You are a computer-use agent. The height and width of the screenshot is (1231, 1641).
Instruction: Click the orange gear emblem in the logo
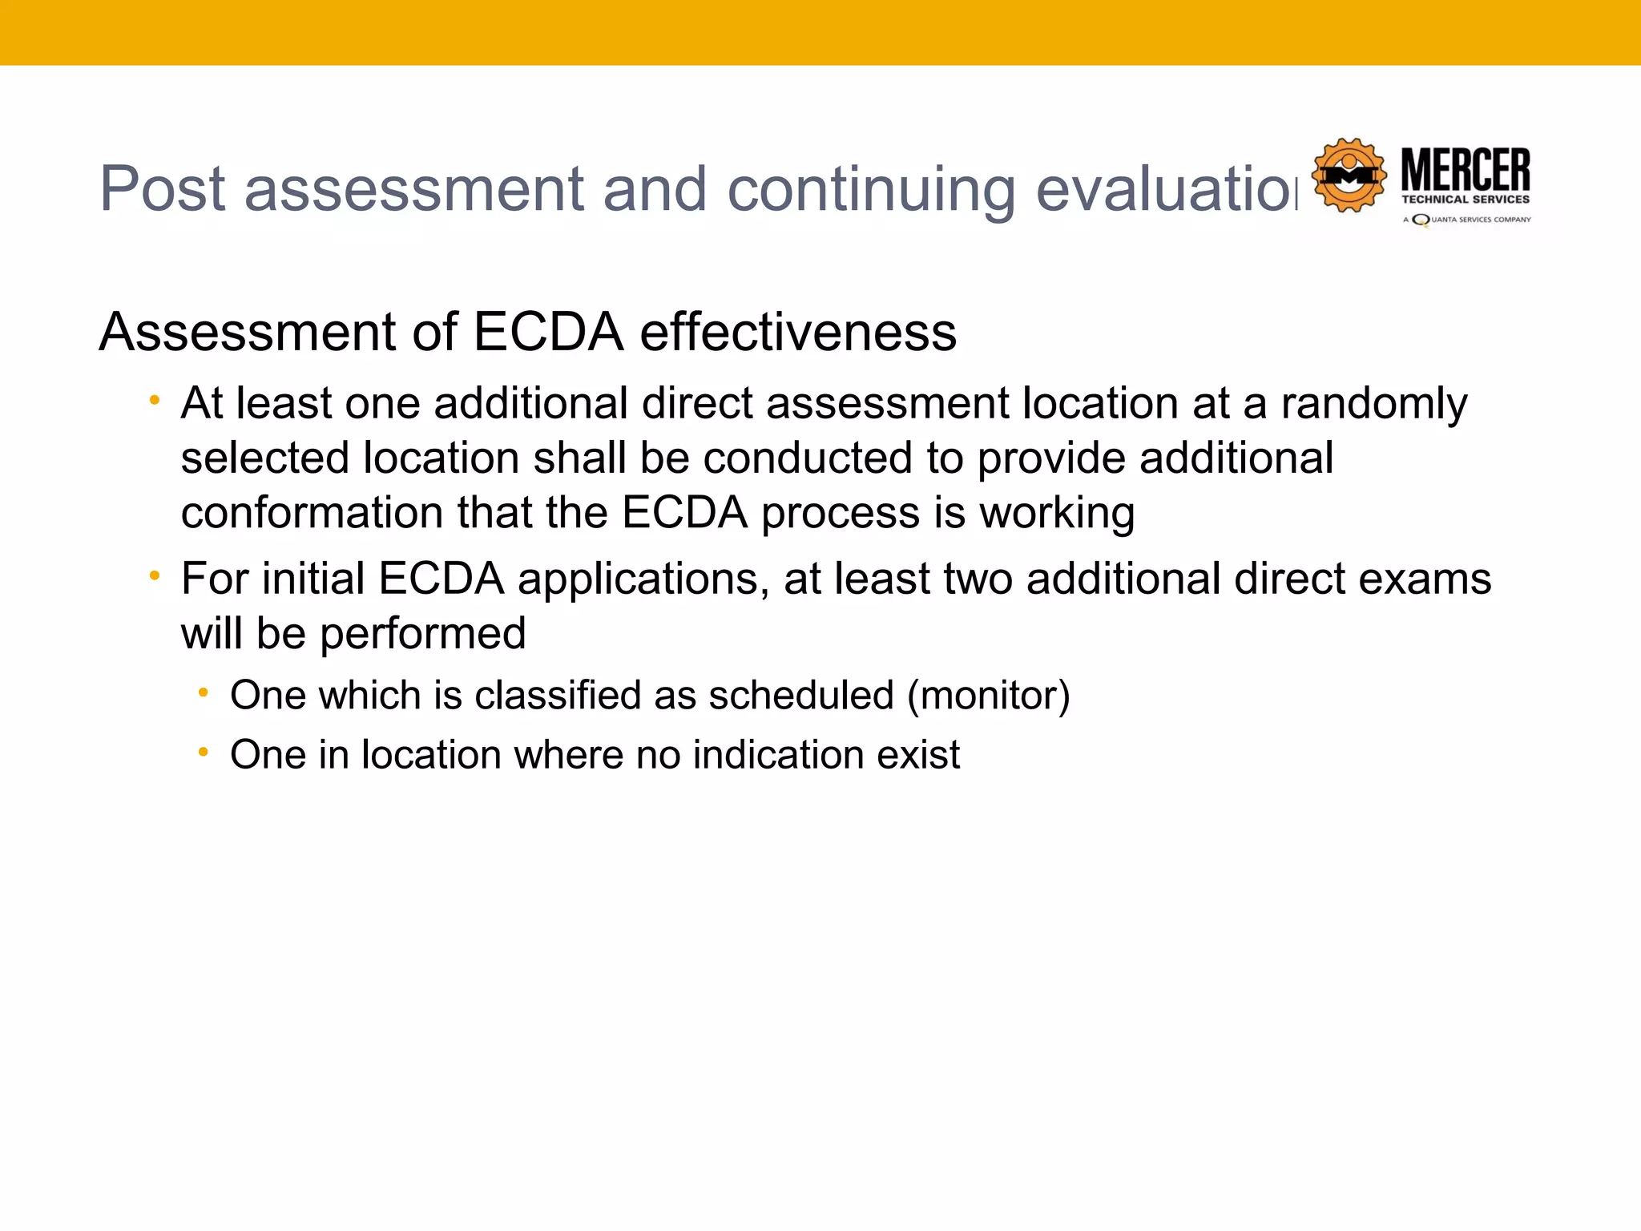click(1349, 176)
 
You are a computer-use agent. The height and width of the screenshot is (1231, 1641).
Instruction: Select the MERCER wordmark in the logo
click(1466, 169)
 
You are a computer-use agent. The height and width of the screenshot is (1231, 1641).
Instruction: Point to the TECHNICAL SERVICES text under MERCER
click(1466, 200)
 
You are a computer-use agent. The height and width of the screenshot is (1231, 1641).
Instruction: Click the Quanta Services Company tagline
click(1468, 220)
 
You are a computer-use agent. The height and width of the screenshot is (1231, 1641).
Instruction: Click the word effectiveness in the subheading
click(798, 332)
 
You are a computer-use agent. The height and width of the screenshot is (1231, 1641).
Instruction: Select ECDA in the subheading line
click(548, 332)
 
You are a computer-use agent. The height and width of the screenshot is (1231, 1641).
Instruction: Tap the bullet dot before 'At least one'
click(155, 400)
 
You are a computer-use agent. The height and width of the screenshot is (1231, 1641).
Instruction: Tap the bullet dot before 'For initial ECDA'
click(155, 575)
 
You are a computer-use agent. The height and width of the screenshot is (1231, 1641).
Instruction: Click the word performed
click(422, 634)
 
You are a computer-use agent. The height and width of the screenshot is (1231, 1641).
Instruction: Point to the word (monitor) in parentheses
click(988, 695)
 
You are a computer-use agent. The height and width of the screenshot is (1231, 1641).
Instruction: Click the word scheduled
click(800, 695)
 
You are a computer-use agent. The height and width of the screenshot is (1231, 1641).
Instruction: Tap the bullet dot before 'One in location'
click(204, 752)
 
